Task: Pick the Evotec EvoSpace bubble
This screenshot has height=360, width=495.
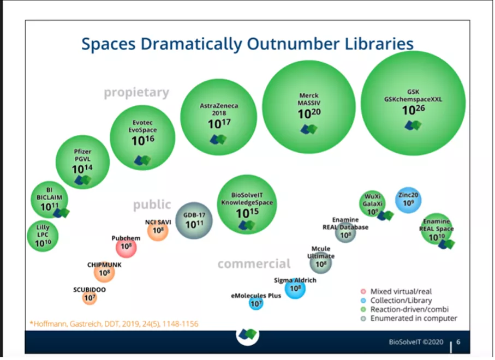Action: [142, 137]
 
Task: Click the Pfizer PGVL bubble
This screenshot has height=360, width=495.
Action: [83, 162]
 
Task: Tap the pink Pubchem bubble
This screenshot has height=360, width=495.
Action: [126, 247]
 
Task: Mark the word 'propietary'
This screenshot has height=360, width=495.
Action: [136, 92]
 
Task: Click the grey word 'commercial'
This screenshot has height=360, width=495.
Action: [254, 264]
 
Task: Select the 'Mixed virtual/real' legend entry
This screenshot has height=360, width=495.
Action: [401, 291]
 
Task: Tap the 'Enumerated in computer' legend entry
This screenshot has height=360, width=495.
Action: [413, 318]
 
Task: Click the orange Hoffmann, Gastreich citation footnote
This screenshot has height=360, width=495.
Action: [114, 324]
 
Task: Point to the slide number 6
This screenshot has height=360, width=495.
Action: [458, 342]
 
